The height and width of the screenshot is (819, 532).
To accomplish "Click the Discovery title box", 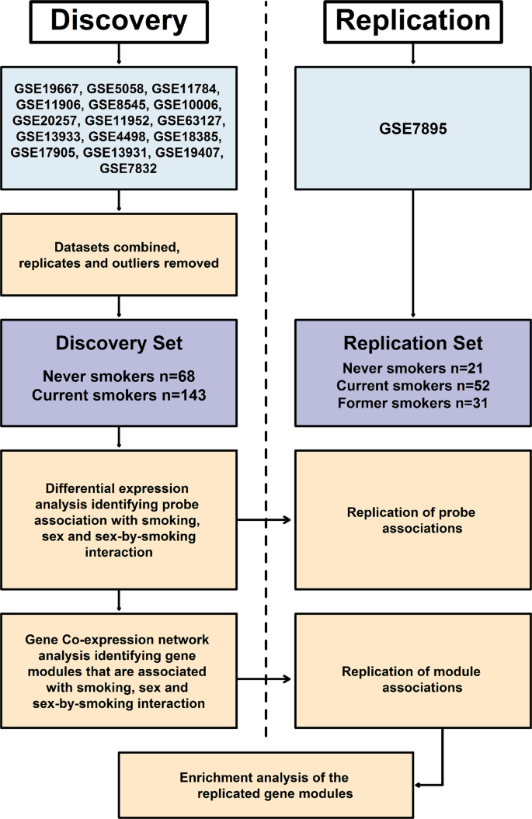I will [x=119, y=22].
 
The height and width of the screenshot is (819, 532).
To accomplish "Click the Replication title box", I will [x=413, y=22].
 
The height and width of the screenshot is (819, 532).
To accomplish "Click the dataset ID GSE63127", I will [x=190, y=121].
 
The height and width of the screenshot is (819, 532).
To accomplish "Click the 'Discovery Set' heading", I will [x=119, y=343].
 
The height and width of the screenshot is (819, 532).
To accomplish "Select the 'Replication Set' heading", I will [x=413, y=343].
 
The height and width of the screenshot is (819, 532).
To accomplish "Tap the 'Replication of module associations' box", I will [x=413, y=678].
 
